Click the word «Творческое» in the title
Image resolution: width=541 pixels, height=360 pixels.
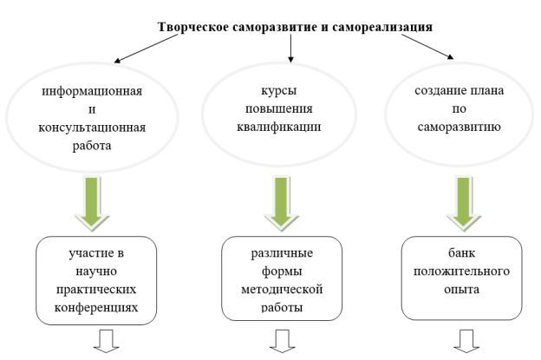click(x=192, y=27)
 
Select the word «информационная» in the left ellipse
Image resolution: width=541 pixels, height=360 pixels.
click(x=92, y=91)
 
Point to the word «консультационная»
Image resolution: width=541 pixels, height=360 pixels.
click(x=92, y=128)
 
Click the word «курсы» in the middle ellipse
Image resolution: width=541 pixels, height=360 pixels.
click(x=279, y=91)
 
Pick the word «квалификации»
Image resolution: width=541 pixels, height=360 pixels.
click(x=279, y=127)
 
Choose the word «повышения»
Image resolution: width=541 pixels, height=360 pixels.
click(x=279, y=108)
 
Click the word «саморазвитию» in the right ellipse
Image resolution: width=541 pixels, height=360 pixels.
click(x=460, y=127)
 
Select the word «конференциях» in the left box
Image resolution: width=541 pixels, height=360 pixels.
click(x=96, y=307)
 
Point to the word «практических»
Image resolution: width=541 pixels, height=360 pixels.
click(x=96, y=289)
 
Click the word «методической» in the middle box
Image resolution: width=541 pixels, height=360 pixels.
click(x=282, y=289)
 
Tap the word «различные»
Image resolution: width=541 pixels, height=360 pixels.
click(x=282, y=253)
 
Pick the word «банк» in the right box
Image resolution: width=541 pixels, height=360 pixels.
click(x=461, y=253)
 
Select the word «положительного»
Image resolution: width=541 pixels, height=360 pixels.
click(x=461, y=272)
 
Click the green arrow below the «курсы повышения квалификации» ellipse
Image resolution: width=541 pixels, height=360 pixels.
click(x=282, y=203)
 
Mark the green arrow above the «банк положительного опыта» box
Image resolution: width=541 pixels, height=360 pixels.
click(x=464, y=204)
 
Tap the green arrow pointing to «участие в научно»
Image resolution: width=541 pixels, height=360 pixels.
click(x=92, y=203)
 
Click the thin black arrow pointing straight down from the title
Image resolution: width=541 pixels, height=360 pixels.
click(x=290, y=49)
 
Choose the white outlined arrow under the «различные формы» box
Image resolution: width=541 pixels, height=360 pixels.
click(x=283, y=341)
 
